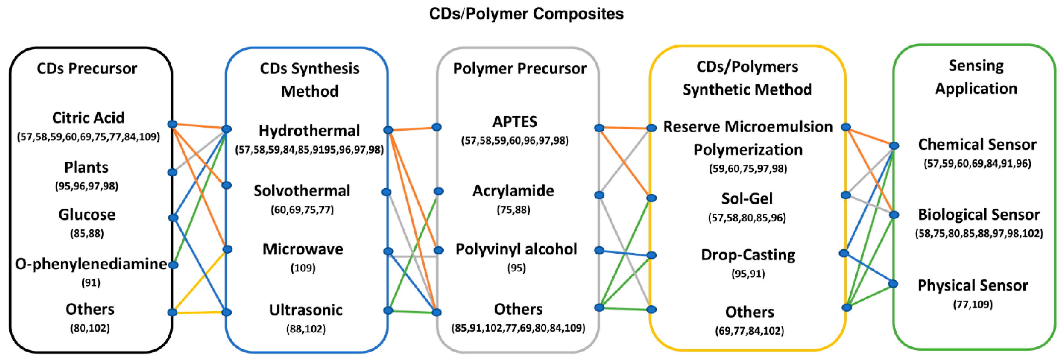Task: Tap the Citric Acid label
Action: pyautogui.click(x=88, y=118)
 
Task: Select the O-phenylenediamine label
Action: pyautogui.click(x=91, y=264)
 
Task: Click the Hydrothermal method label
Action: pyautogui.click(x=309, y=131)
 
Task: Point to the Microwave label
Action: pyautogui.click(x=303, y=249)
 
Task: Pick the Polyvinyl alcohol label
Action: pyautogui.click(x=516, y=249)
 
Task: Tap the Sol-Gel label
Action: pyautogui.click(x=747, y=199)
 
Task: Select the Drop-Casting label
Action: pyautogui.click(x=748, y=255)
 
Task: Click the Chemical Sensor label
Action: pyautogui.click(x=977, y=145)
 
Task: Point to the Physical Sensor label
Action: pyautogui.click(x=973, y=285)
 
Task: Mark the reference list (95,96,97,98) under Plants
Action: pyautogui.click(x=86, y=186)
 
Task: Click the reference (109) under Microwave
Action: pyautogui.click(x=303, y=268)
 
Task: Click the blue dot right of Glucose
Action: pyautogui.click(x=173, y=217)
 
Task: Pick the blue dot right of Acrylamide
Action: pyautogui.click(x=600, y=195)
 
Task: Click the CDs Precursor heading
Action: pyautogui.click(x=87, y=68)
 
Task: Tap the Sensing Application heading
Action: pyautogui.click(x=976, y=77)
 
